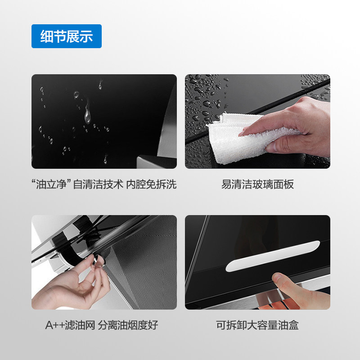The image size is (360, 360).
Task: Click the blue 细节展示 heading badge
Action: click(66, 36)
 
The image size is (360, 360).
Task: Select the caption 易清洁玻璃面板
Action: click(257, 184)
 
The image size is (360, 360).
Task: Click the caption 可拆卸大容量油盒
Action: click(257, 324)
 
